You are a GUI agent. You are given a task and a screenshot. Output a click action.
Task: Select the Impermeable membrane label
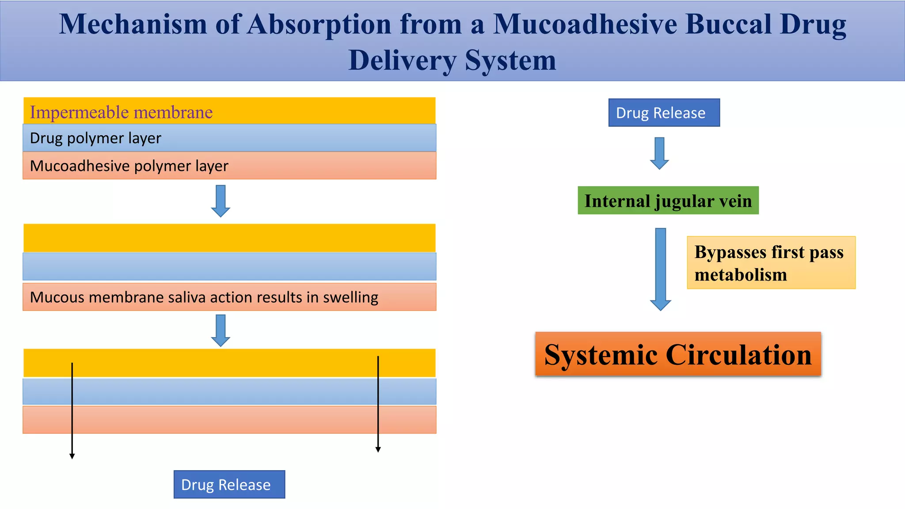(x=121, y=112)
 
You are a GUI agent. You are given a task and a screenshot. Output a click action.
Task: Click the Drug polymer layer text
(x=95, y=138)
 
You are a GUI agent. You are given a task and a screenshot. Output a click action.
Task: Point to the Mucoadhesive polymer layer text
(x=129, y=166)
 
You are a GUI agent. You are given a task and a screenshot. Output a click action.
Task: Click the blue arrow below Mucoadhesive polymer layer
(x=221, y=201)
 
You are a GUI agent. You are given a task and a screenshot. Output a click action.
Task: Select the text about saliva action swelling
(x=204, y=297)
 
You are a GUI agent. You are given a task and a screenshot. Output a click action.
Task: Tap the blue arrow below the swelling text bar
(x=221, y=330)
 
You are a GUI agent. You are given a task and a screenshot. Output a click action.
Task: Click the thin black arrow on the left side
(x=72, y=411)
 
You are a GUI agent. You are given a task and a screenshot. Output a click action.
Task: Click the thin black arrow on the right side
(x=378, y=404)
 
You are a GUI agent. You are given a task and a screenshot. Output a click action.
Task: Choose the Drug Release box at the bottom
(x=229, y=485)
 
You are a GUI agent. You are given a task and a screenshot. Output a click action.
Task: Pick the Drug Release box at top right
(x=664, y=113)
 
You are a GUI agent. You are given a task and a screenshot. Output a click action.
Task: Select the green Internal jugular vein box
(x=668, y=201)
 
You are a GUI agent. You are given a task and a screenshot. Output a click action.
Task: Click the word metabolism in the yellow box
(x=741, y=275)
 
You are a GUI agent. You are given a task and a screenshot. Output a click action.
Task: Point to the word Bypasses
(x=730, y=252)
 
